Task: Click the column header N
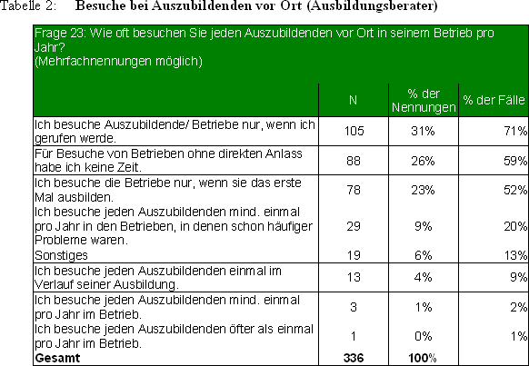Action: (x=353, y=100)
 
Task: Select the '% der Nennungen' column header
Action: (x=424, y=101)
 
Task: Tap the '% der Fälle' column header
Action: (x=494, y=100)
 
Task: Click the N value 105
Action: (x=354, y=131)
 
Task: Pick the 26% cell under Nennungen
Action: (x=423, y=161)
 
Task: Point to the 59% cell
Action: (x=515, y=161)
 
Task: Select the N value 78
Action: (x=354, y=190)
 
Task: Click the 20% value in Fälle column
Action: (x=515, y=226)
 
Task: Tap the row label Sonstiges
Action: (x=61, y=255)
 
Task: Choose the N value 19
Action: (x=354, y=255)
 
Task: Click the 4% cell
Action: (x=423, y=277)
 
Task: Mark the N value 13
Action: (x=354, y=277)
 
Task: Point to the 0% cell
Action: (x=423, y=336)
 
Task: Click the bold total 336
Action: (x=354, y=358)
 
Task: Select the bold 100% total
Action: (x=423, y=358)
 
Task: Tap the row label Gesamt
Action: (x=57, y=358)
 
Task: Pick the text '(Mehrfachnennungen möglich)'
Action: (x=118, y=62)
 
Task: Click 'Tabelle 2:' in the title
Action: (x=29, y=5)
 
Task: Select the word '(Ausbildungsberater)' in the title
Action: (x=372, y=6)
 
